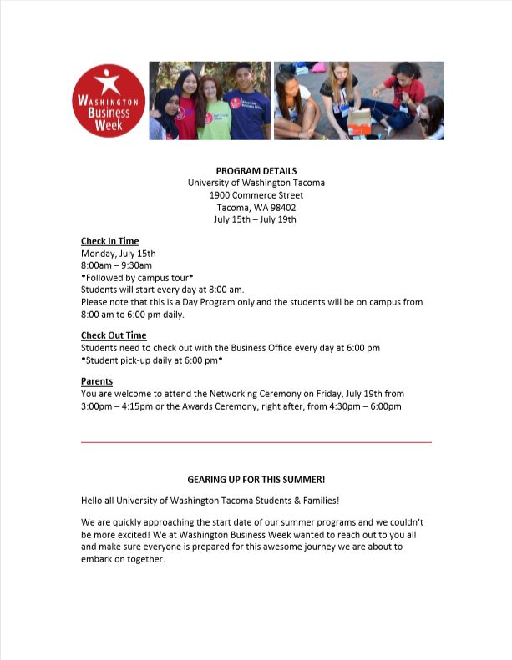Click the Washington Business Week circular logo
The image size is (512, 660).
[109, 100]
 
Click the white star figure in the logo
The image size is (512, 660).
[108, 81]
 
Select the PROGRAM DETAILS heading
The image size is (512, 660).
[256, 171]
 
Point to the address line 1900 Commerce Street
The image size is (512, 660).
[256, 195]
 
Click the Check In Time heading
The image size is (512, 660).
[109, 241]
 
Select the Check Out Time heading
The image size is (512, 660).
[114, 335]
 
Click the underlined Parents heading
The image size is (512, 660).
[97, 381]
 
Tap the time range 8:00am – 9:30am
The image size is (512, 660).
[116, 265]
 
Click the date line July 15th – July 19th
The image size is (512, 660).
[256, 219]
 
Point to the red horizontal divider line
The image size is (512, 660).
[256, 441]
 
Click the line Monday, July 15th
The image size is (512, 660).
[119, 254]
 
